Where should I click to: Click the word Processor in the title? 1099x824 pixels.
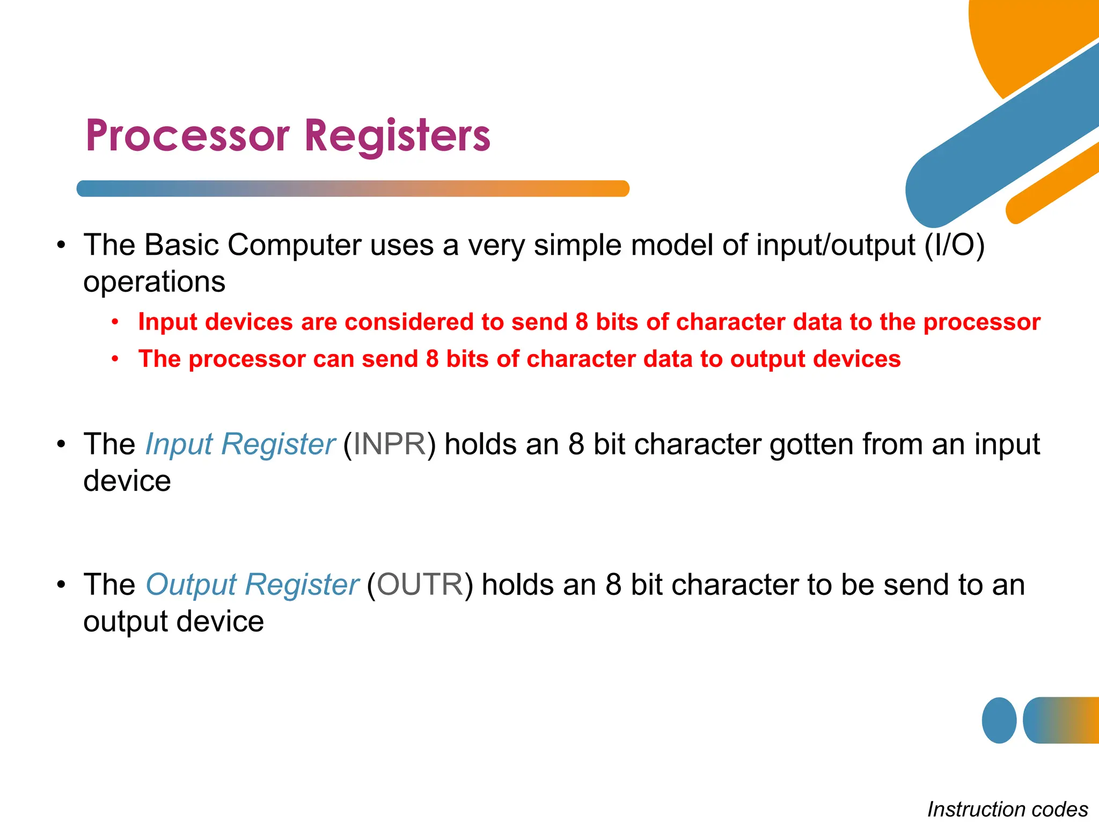187,136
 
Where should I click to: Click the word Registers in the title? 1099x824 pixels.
397,136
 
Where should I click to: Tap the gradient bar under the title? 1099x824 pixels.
353,188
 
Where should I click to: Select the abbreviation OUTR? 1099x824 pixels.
420,584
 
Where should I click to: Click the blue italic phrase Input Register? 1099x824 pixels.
240,444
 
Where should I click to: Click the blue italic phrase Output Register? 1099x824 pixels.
252,584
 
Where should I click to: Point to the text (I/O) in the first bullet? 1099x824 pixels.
954,245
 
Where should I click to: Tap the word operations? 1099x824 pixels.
154,282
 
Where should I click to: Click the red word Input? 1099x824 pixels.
167,322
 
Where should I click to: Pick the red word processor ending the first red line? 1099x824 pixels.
981,322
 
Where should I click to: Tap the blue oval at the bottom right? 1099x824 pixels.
999,720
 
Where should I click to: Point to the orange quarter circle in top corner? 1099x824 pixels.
1020,38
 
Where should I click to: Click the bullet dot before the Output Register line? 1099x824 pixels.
62,584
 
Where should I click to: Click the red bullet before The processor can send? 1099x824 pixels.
115,359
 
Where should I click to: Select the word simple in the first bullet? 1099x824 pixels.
577,245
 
